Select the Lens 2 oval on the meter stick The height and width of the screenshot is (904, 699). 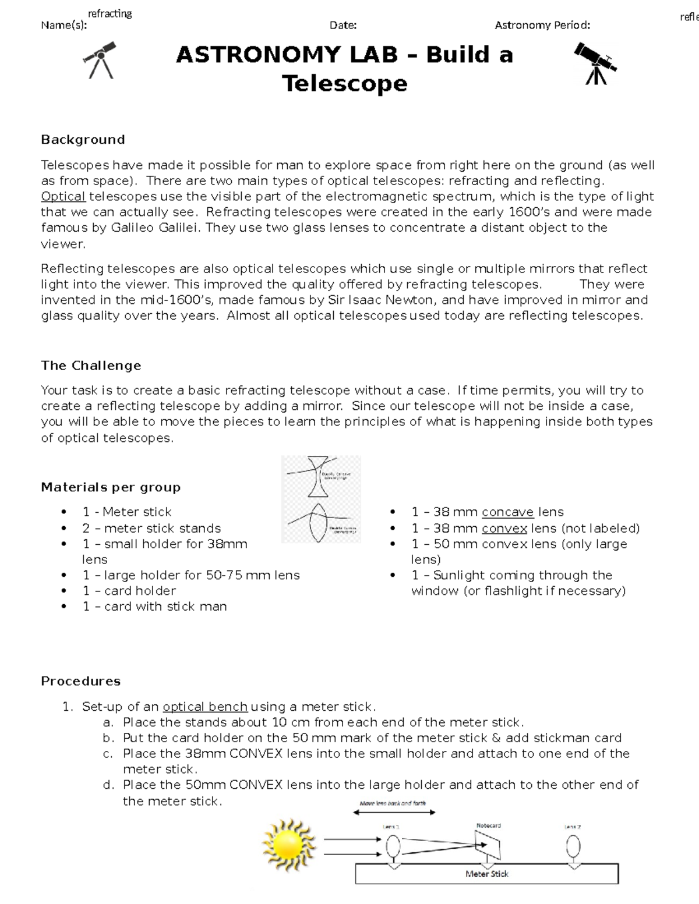[x=573, y=845]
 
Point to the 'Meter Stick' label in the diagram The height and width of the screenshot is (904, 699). [x=487, y=874]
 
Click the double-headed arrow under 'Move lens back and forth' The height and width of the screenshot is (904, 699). [x=393, y=812]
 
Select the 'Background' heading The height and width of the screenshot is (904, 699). [x=83, y=140]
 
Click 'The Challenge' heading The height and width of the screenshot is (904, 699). [x=91, y=366]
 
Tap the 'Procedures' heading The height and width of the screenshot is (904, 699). [x=80, y=681]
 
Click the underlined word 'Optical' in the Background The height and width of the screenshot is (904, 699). [x=63, y=196]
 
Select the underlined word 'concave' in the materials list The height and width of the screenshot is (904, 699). [x=507, y=512]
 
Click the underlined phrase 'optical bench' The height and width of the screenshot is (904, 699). [x=205, y=707]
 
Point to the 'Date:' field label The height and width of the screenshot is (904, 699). [x=343, y=25]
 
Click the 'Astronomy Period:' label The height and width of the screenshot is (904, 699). [x=542, y=25]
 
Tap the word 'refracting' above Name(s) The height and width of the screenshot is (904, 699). [x=110, y=13]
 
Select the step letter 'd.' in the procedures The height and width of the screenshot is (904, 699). [x=108, y=785]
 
